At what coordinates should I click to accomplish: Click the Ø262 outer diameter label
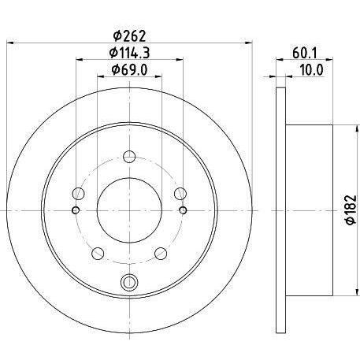(x=129, y=36)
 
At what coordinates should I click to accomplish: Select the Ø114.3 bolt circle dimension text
(x=129, y=53)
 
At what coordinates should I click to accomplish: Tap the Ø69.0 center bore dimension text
(x=129, y=70)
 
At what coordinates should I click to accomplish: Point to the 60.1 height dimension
(x=305, y=54)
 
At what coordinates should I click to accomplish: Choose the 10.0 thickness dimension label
(x=311, y=70)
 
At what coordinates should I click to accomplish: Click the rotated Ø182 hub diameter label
(x=351, y=210)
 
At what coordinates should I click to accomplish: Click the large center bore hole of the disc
(x=129, y=210)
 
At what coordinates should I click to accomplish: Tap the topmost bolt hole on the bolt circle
(x=129, y=157)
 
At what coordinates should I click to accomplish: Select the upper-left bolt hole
(x=78, y=194)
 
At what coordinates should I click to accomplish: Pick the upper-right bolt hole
(x=180, y=194)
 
